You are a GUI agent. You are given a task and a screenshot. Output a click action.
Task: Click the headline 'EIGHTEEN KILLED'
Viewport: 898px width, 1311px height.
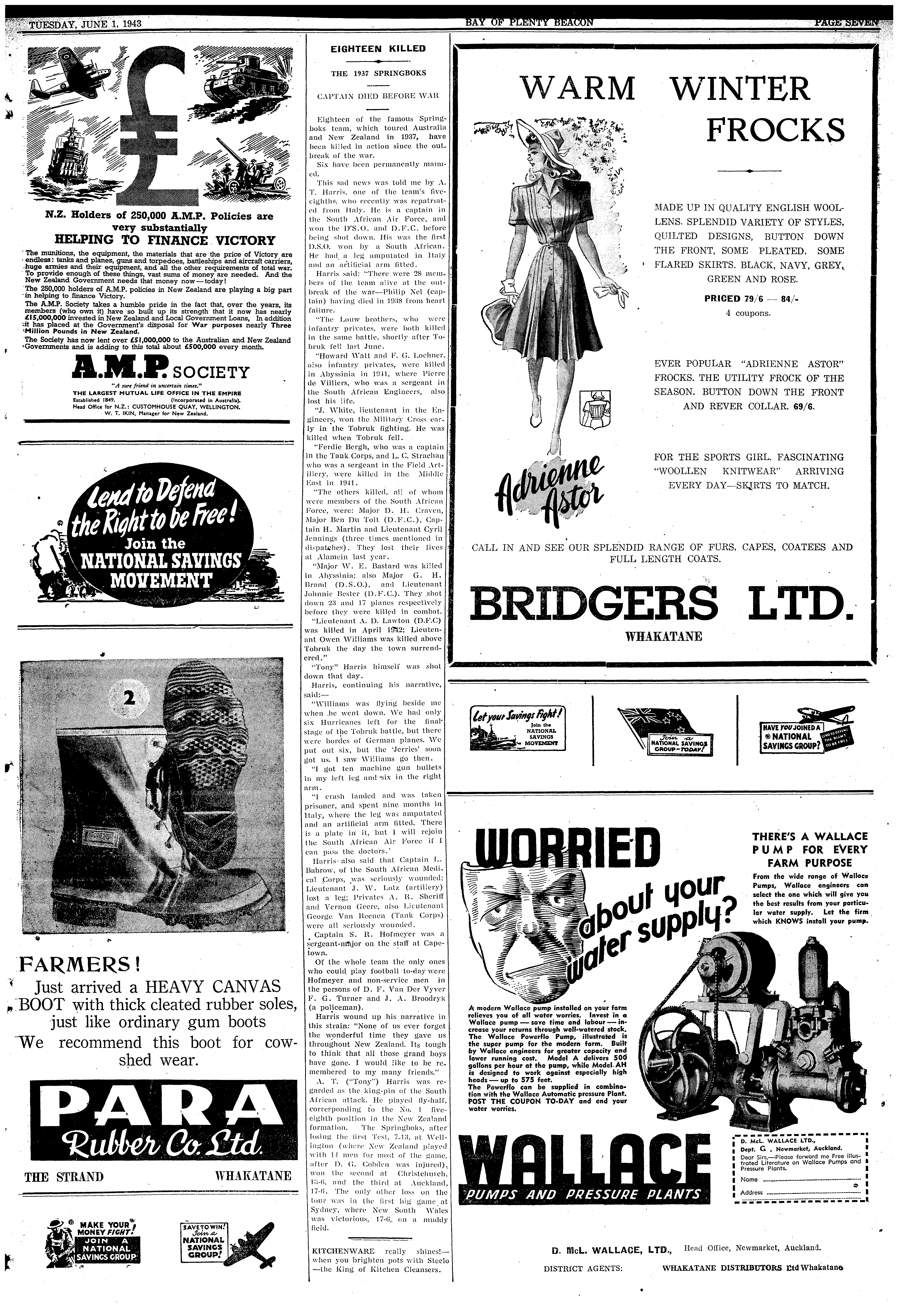tap(378, 48)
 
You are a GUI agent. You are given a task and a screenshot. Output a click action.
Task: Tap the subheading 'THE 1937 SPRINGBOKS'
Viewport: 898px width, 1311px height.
tap(378, 73)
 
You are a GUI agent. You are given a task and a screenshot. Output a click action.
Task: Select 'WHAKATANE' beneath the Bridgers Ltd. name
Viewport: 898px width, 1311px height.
tap(664, 636)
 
